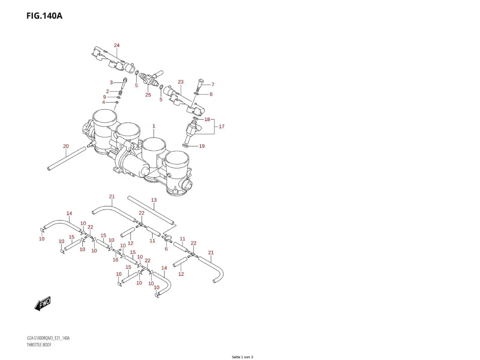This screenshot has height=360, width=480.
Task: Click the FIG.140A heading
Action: (44, 16)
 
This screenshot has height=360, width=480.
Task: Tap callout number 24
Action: (117, 45)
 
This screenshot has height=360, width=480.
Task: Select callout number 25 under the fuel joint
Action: (148, 95)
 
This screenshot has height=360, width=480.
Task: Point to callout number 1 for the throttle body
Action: (154, 126)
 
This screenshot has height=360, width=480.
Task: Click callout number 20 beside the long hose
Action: (66, 146)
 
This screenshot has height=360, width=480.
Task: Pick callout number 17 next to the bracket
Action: (221, 127)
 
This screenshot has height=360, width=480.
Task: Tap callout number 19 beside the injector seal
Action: (202, 146)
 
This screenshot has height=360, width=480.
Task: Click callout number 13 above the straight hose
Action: (154, 200)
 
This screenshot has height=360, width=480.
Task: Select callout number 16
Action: (115, 260)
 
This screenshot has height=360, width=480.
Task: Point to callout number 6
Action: (166, 249)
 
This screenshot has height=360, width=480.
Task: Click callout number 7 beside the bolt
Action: (213, 85)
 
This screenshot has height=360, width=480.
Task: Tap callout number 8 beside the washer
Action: (211, 94)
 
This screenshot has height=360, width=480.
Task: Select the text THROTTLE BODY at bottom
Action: (39, 345)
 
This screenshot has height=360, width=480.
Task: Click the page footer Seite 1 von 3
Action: (242, 357)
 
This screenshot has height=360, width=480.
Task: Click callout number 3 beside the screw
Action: (111, 83)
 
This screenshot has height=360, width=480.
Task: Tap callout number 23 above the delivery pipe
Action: (181, 82)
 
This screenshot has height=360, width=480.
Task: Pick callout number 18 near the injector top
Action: (207, 120)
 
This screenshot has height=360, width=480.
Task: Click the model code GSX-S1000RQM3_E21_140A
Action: (48, 338)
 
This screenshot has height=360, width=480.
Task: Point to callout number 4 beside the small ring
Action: (104, 102)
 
